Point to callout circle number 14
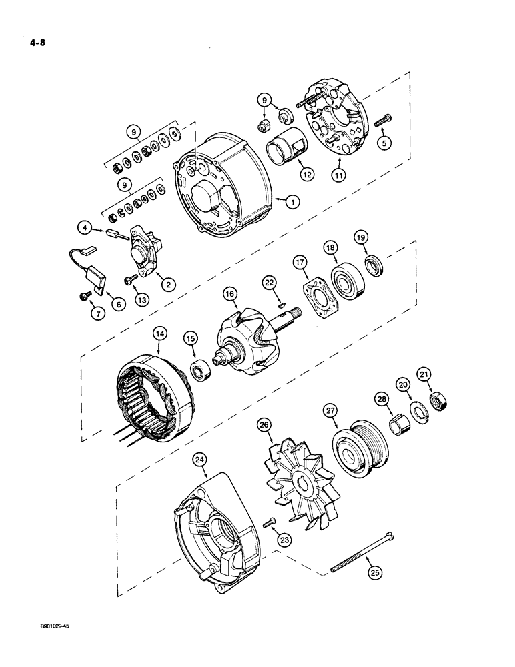160,331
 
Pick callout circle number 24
199,459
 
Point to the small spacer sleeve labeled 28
400,425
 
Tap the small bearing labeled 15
201,369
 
